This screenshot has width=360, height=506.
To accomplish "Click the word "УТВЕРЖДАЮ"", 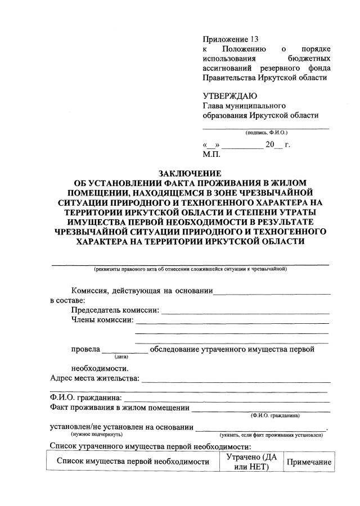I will click(x=231, y=95).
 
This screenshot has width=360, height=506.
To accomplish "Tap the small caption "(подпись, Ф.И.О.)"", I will click(x=266, y=133).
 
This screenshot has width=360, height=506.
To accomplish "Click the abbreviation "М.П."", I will click(x=211, y=153).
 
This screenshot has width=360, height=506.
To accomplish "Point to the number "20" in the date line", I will click(x=271, y=144).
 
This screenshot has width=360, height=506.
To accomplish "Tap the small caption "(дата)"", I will click(x=121, y=356).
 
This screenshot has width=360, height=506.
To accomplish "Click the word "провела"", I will click(x=85, y=349).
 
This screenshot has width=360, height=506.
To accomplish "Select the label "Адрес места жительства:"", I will click(x=94, y=378).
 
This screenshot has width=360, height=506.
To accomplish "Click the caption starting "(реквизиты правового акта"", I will click(x=191, y=269).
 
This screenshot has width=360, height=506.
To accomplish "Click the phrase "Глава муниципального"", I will click(x=244, y=105).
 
